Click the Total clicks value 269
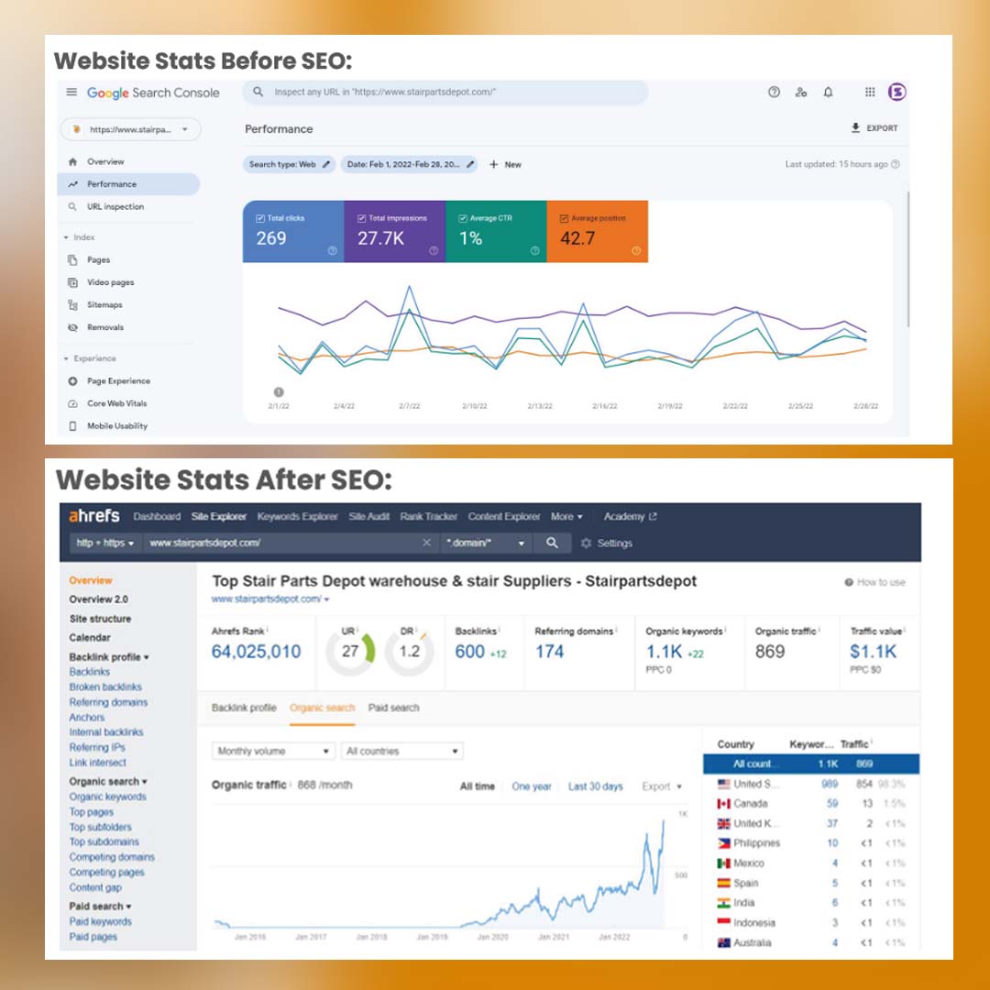click(271, 239)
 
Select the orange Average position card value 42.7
click(577, 239)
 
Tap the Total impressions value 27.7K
click(380, 239)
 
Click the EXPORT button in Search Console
click(874, 128)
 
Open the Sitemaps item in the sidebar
click(104, 305)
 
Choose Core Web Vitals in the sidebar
click(116, 403)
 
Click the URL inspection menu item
click(115, 207)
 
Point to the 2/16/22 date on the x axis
click(605, 405)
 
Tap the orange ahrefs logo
click(94, 516)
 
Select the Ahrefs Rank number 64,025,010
click(256, 652)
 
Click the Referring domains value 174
click(549, 652)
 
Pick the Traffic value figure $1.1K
click(873, 652)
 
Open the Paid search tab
click(393, 708)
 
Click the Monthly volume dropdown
click(273, 752)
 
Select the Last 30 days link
click(595, 786)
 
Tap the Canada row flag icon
click(724, 804)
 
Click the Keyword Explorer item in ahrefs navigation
click(297, 517)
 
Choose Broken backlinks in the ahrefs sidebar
click(105, 687)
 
